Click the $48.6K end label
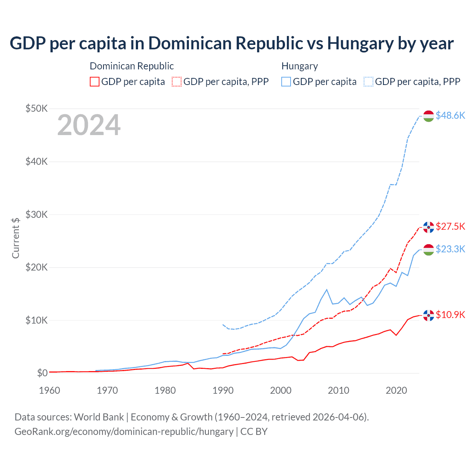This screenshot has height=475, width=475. [450, 115]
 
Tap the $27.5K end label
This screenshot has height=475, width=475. [450, 226]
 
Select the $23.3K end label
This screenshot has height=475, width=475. [450, 249]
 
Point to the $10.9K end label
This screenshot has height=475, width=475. [450, 315]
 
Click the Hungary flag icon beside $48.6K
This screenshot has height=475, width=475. [429, 116]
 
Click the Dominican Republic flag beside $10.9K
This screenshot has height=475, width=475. [429, 315]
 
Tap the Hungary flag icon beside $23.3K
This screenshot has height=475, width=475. [429, 250]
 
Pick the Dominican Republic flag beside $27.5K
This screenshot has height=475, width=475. [429, 227]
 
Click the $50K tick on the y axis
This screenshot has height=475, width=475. [36, 108]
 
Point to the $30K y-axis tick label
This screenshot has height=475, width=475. [36, 214]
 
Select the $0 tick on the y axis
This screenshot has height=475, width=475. [42, 373]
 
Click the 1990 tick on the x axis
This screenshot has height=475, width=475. [223, 390]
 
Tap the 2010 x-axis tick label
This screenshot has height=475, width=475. [338, 390]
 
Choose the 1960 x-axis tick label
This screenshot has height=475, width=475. [49, 390]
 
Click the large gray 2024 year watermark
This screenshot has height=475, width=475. [89, 125]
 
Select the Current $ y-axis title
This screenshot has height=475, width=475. [16, 238]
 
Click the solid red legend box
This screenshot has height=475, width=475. [95, 82]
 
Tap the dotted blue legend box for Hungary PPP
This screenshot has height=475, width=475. [368, 82]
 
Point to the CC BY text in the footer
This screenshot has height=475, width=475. [254, 432]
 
